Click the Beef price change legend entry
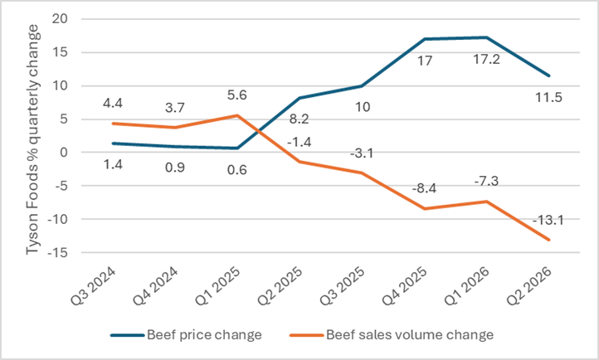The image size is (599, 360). [x=186, y=335]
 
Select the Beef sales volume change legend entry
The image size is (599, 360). [x=392, y=335]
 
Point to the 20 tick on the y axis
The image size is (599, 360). [x=60, y=19]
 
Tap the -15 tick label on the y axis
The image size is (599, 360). [x=58, y=252]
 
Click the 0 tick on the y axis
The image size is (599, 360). [x=64, y=153]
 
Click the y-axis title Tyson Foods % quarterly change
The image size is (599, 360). [x=32, y=139]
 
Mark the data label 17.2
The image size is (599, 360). [x=486, y=59]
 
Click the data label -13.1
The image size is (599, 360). [x=548, y=221]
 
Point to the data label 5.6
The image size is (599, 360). [x=236, y=95]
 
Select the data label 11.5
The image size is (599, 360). [x=548, y=98]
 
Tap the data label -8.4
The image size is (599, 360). [x=424, y=188]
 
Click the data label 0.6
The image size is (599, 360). [x=236, y=169]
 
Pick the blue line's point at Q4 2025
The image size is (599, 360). [x=425, y=39]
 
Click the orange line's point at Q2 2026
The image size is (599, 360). [x=549, y=240]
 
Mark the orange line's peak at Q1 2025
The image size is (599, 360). [x=237, y=115]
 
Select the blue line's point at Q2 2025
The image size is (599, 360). [x=299, y=98]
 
